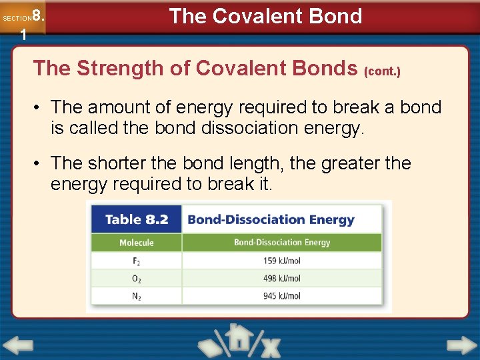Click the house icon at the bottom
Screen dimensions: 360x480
pos(238,338)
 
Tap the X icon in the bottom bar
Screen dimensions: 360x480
pos(269,346)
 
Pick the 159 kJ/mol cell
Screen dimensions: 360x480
pos(282,261)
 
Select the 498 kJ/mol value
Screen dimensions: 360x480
pos(282,278)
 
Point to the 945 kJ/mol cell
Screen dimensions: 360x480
pos(282,296)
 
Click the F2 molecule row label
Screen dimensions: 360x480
pos(136,261)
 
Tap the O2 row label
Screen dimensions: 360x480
pos(136,279)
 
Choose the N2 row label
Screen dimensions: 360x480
pos(136,296)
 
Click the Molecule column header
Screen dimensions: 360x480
pos(136,243)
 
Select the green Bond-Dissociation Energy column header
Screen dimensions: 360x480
pos(282,243)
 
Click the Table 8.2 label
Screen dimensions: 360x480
pos(136,219)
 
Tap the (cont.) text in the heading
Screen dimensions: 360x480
pos(382,71)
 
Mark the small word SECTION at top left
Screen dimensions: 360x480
pos(16,19)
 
